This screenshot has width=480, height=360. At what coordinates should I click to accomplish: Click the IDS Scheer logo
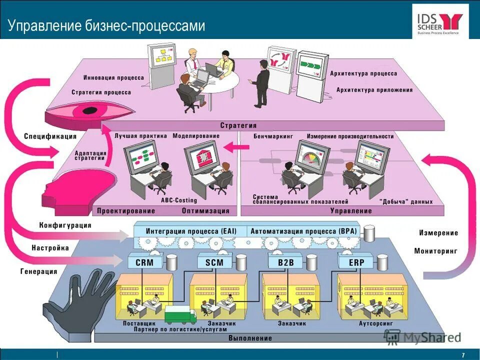(x=440, y=21)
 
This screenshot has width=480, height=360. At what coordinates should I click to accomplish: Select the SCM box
(x=211, y=262)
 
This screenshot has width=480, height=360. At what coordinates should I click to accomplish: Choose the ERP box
(x=356, y=262)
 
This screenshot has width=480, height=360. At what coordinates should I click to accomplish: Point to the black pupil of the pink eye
(x=90, y=110)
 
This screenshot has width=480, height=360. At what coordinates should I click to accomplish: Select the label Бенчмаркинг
(x=272, y=136)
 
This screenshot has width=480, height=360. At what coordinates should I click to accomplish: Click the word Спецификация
(x=50, y=136)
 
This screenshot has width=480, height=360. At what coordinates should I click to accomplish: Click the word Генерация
(x=38, y=271)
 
